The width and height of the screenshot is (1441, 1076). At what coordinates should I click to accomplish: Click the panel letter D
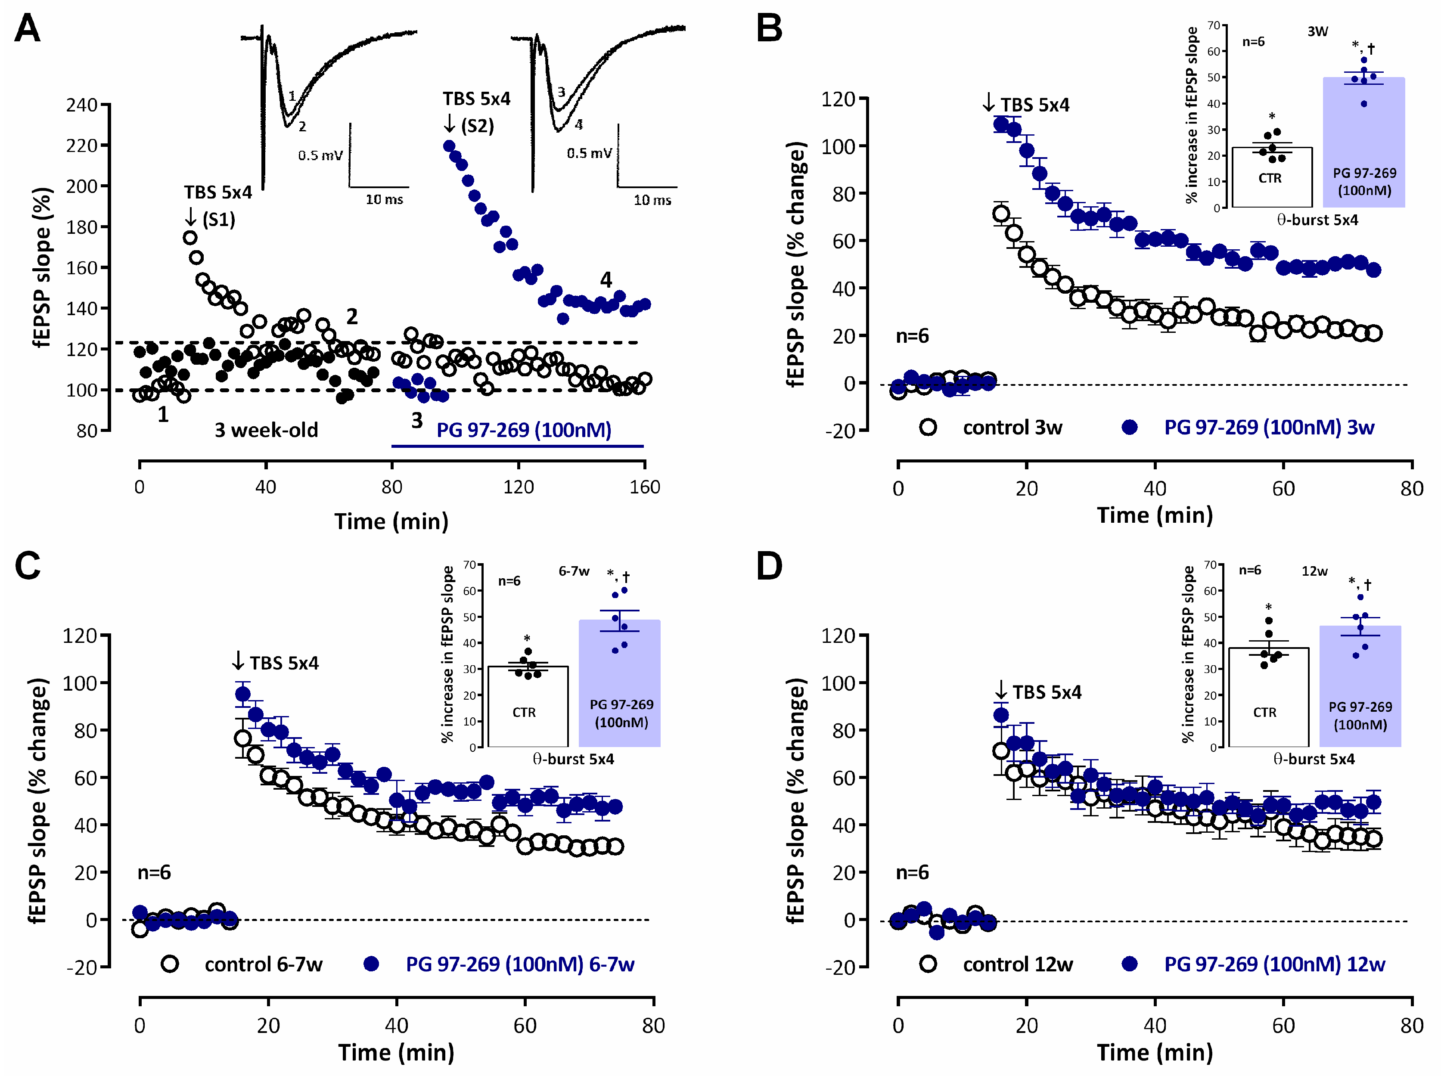coord(769,567)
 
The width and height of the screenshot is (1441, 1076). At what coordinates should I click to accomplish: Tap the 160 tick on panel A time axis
coord(644,487)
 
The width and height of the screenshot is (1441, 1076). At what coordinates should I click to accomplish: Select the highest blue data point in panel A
coord(449,146)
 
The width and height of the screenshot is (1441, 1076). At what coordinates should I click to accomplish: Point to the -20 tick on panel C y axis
coord(81,967)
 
